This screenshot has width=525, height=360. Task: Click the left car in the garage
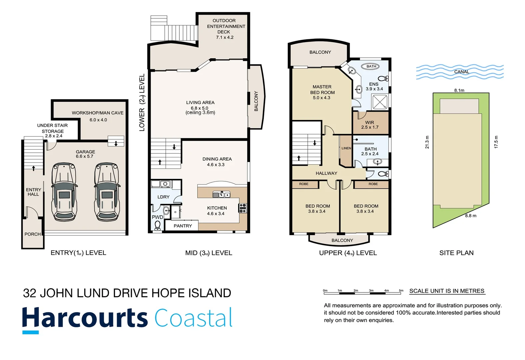65,192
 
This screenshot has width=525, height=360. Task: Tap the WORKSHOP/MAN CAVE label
97,113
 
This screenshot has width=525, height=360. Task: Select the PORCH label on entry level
32,234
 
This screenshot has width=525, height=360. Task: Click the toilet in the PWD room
158,226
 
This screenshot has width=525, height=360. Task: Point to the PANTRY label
183,226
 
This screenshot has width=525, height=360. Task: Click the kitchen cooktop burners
243,208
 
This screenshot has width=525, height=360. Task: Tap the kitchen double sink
221,194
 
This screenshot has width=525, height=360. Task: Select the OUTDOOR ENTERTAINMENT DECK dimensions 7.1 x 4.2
225,37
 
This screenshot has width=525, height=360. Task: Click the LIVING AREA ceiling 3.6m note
200,113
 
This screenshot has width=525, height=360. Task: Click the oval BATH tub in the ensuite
371,66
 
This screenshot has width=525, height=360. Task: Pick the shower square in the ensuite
380,102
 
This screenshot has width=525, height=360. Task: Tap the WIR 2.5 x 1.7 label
370,125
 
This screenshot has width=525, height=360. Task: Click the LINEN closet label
346,148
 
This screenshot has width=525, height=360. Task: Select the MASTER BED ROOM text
322,90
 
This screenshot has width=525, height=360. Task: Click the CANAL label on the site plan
461,72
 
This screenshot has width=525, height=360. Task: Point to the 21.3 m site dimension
427,142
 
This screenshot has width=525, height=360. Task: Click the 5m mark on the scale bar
401,291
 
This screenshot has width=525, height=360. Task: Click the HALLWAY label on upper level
326,173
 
